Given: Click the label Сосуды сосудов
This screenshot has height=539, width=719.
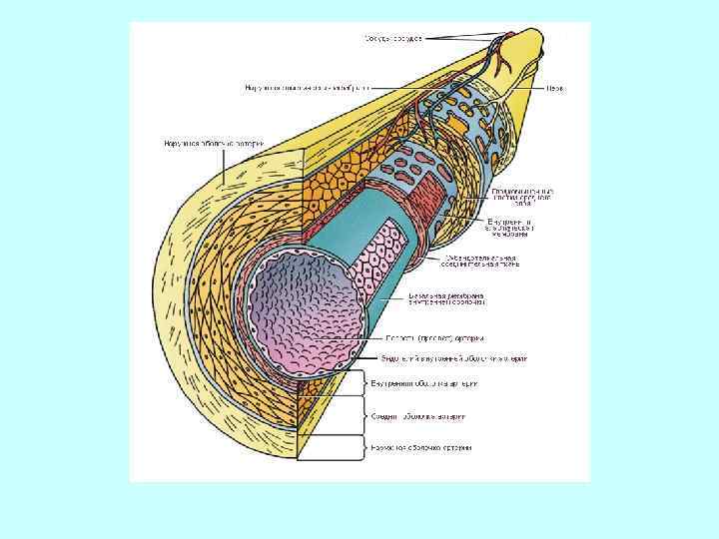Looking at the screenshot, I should (392, 38).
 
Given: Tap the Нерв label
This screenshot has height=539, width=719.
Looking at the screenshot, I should (554, 88).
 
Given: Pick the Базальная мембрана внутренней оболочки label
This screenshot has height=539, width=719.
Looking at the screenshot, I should (446, 299).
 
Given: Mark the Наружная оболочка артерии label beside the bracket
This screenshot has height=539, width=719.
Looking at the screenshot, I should (420, 447).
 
